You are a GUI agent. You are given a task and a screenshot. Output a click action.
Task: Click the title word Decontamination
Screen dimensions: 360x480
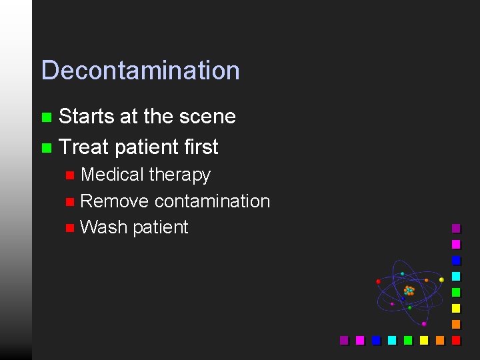tap(140, 70)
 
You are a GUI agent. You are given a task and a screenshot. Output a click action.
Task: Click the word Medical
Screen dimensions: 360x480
tap(111, 175)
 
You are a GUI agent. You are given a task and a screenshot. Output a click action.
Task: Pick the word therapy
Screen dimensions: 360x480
tap(179, 175)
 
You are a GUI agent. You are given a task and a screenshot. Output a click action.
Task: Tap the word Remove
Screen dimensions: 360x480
tap(114, 201)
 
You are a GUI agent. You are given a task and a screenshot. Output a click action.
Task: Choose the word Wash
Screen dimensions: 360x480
tap(103, 227)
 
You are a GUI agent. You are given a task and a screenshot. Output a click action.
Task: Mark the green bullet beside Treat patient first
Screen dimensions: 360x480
tap(46, 147)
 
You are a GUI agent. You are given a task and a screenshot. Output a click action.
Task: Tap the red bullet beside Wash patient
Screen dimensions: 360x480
tap(70, 228)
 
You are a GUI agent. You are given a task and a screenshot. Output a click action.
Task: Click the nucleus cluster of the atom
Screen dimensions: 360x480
tap(409, 291)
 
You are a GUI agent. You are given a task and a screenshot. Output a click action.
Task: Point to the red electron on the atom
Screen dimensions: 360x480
tap(379, 281)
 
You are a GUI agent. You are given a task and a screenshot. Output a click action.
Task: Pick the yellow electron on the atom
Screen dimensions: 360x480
tap(441, 280)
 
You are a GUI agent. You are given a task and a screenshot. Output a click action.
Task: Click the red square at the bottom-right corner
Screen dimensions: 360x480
tap(456, 340)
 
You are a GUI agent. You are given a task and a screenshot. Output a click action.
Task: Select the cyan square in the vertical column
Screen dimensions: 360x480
tap(456, 276)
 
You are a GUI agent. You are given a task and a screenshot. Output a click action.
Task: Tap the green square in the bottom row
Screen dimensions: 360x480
tap(408, 340)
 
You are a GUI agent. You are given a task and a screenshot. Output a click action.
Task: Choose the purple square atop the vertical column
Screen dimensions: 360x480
tap(456, 228)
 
